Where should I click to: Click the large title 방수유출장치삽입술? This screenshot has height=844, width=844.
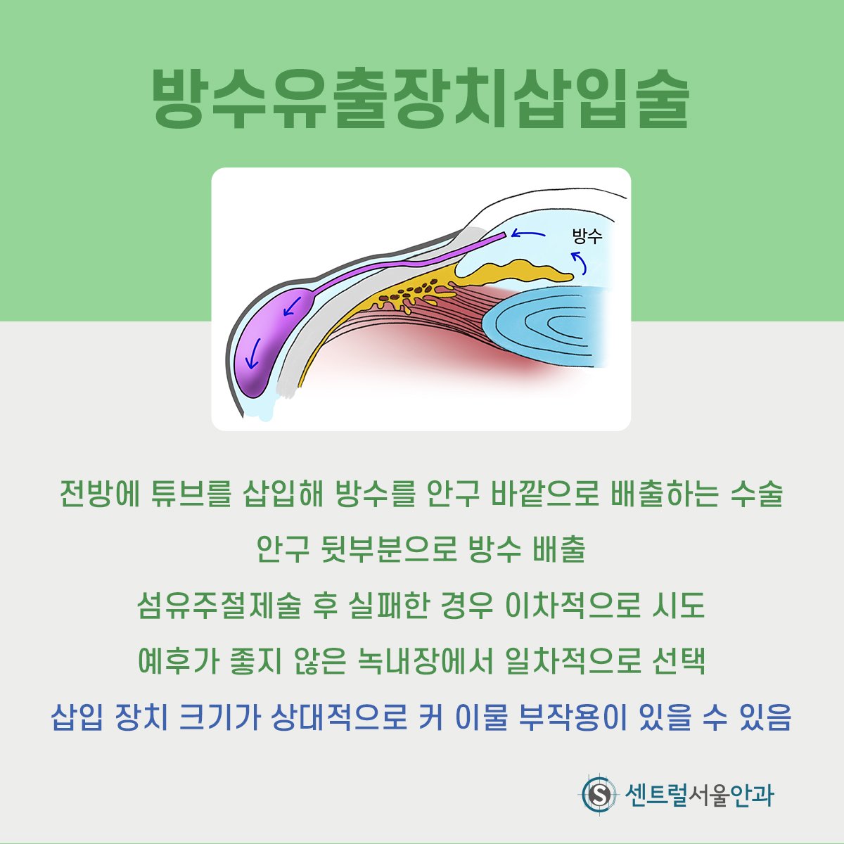tap(421, 98)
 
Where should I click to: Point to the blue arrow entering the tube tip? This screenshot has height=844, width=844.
tap(527, 234)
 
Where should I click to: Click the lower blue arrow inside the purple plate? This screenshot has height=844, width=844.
tap(253, 353)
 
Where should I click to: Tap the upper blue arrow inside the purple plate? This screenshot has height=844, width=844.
tap(292, 306)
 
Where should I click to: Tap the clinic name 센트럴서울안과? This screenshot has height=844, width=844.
tap(699, 794)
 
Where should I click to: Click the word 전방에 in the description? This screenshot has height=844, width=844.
tap(100, 494)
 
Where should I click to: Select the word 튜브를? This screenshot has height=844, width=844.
tap(190, 494)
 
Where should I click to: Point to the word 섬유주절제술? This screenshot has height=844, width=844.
tap(219, 606)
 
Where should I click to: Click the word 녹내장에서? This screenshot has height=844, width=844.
tap(426, 662)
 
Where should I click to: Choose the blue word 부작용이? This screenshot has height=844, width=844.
tap(573, 718)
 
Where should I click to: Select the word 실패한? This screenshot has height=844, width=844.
tap(388, 606)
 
